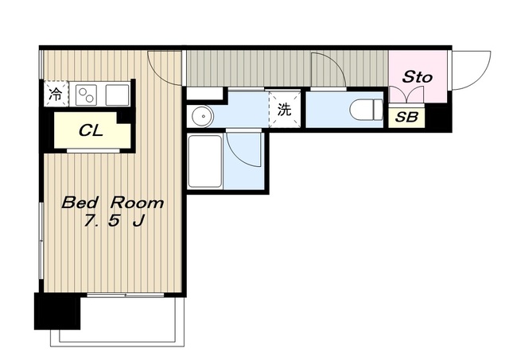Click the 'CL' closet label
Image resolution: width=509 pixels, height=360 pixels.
click(x=91, y=130)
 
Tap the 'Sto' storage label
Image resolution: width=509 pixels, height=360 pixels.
click(x=418, y=77)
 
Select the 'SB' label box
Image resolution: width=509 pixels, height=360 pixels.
click(x=406, y=117)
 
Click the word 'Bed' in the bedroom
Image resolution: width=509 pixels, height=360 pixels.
click(x=80, y=203)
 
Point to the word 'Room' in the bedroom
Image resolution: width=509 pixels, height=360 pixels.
click(x=137, y=203)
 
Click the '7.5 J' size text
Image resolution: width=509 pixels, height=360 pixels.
click(x=114, y=221)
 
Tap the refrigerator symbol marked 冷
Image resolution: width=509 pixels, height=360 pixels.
click(x=56, y=94)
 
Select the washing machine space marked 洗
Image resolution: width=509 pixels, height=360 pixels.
click(x=285, y=110)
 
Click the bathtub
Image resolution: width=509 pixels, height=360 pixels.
click(x=205, y=161)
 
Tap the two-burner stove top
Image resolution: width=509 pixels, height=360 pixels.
click(x=87, y=95)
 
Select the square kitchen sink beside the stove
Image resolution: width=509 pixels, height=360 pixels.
click(x=117, y=95)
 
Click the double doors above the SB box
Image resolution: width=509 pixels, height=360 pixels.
click(x=406, y=95)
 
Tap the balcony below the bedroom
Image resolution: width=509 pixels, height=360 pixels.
click(x=118, y=322)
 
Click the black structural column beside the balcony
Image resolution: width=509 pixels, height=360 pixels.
click(x=57, y=312)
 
